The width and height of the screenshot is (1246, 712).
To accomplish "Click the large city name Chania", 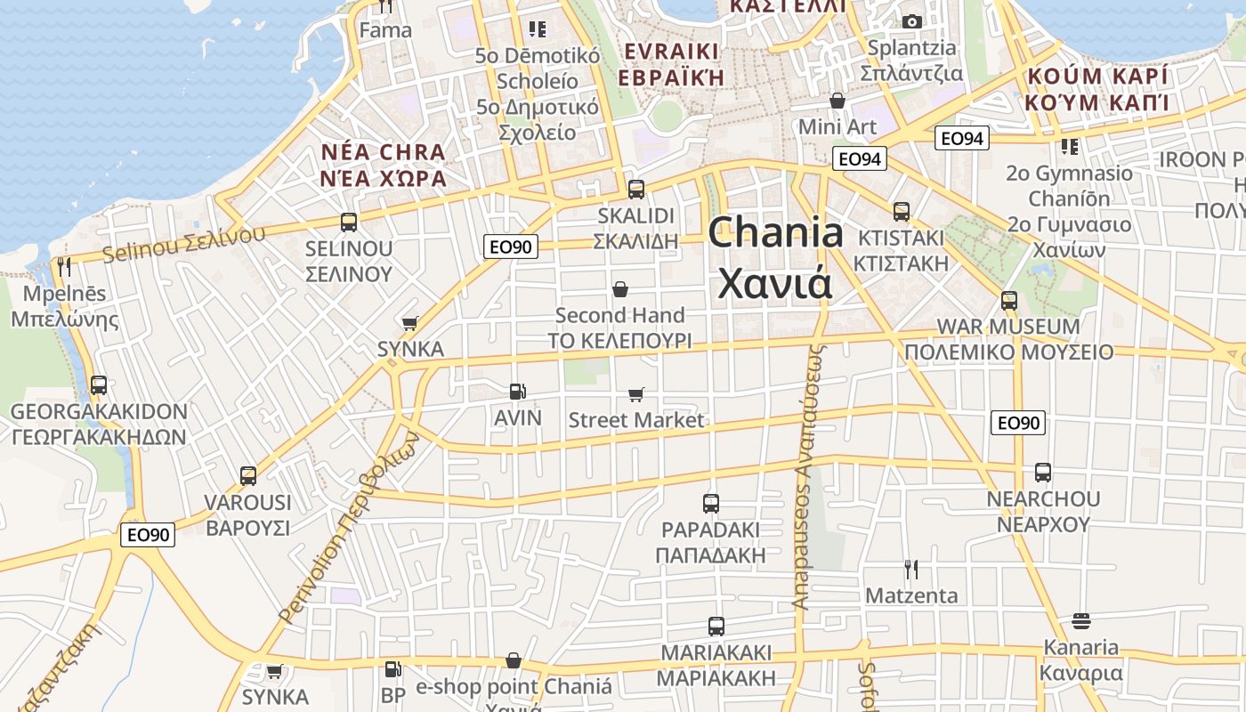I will click(775, 233).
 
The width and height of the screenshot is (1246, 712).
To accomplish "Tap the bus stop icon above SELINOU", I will click(349, 222).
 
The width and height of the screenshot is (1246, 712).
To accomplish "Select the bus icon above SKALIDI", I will click(635, 189).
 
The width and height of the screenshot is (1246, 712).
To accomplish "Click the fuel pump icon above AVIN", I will click(517, 391).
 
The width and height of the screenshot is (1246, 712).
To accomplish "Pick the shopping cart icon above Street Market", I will click(635, 394).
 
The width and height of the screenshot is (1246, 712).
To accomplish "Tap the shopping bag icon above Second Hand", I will click(620, 289).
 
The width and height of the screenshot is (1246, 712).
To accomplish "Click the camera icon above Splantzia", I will click(911, 21).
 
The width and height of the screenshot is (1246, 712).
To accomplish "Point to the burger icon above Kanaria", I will click(1081, 620).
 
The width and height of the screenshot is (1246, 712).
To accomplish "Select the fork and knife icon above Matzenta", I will click(910, 569).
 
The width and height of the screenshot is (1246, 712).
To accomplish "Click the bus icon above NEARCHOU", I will click(1043, 473).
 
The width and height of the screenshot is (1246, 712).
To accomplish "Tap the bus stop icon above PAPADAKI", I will click(710, 504).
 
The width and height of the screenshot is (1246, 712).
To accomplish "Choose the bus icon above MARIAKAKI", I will click(716, 627).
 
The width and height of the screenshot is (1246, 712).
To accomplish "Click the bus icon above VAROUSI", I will click(248, 476).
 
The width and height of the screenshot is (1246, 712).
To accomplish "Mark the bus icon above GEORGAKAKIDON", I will click(99, 385).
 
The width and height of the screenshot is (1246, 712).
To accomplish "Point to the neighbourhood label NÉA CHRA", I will click(383, 151).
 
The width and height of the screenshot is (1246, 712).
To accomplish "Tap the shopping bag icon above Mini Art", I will click(837, 101).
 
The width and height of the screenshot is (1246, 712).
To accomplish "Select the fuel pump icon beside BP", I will click(392, 669).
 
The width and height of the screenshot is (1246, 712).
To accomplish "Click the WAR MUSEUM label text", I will click(1008, 327).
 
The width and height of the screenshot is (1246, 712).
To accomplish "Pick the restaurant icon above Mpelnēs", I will click(63, 267).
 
